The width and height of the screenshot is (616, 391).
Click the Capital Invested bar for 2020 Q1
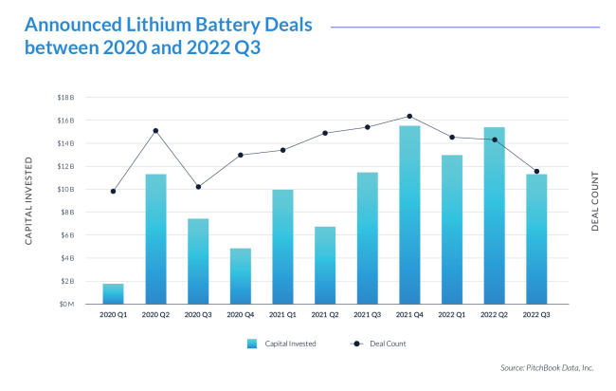tap(113, 293)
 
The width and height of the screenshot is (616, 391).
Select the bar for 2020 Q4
tap(240, 276)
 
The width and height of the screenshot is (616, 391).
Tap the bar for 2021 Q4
tap(409, 214)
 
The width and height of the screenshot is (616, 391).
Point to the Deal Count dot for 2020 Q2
tap(155, 131)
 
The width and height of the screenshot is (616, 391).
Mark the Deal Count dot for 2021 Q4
tap(409, 116)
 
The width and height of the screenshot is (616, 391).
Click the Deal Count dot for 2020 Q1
tap(113, 191)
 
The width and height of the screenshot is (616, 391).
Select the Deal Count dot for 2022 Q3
tap(536, 172)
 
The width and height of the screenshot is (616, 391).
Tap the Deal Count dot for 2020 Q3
tap(198, 187)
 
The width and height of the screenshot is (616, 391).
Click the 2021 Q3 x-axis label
tap(367, 314)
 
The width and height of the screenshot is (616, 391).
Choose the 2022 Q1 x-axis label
tap(451, 314)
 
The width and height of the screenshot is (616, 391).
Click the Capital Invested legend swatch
tap(251, 344)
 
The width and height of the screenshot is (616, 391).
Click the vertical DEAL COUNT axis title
tap(594, 201)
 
